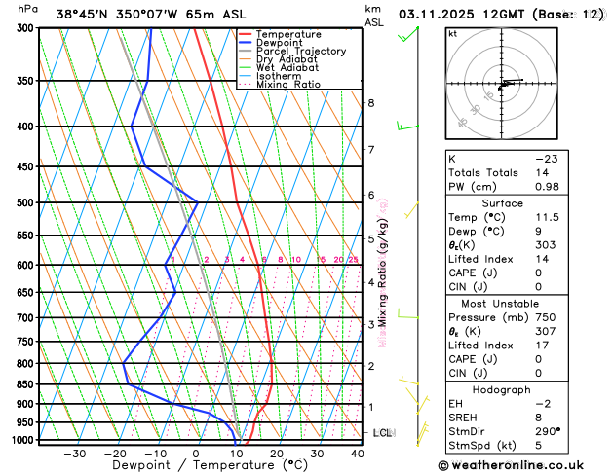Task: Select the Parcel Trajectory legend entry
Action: click(300, 52)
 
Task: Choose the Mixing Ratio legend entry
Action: click(287, 85)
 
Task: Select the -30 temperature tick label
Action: click(74, 455)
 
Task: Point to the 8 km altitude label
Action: click(371, 103)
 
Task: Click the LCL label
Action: click(382, 432)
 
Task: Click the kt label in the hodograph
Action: click(452, 33)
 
